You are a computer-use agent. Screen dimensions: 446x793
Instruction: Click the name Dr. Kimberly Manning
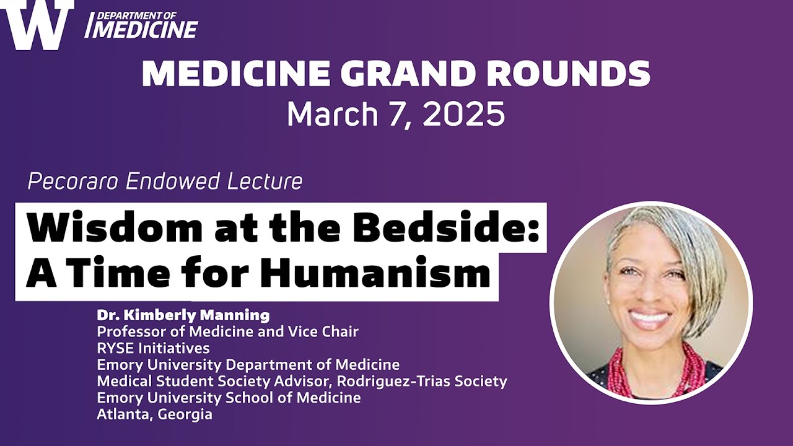click(x=183, y=315)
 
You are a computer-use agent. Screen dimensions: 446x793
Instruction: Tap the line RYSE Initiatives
click(x=153, y=348)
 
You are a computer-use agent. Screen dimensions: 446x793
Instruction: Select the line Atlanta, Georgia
click(x=154, y=414)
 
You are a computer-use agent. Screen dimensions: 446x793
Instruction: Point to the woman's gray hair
click(x=688, y=248)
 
